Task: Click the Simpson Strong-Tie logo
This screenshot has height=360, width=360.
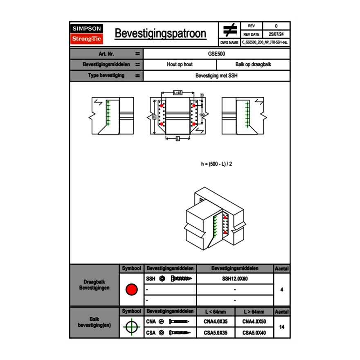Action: coord(87,34)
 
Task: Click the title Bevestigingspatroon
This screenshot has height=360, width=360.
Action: coord(160,34)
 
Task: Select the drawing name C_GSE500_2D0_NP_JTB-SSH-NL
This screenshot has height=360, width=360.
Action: coord(265,42)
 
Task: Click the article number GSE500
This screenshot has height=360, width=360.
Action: coord(216,54)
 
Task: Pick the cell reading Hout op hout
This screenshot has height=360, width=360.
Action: coord(180,65)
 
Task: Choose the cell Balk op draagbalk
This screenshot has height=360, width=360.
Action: coord(253,65)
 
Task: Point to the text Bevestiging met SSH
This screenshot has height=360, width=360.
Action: coord(216,76)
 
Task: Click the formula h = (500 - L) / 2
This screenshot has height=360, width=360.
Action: coord(217,164)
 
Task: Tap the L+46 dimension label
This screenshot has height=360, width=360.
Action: coord(178,93)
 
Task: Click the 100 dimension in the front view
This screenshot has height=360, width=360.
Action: coord(202,116)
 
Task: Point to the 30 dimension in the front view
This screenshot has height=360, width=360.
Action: coord(201,95)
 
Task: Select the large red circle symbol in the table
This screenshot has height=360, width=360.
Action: coord(131,290)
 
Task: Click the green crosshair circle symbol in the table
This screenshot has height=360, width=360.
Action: coord(131,327)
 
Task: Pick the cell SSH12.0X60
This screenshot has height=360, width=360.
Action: coord(235,279)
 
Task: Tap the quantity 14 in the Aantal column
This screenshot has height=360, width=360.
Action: coord(281,327)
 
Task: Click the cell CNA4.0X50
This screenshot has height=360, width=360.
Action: coord(254,322)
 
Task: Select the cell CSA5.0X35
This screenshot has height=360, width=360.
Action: coord(216,333)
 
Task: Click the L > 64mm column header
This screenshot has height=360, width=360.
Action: coord(254,312)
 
